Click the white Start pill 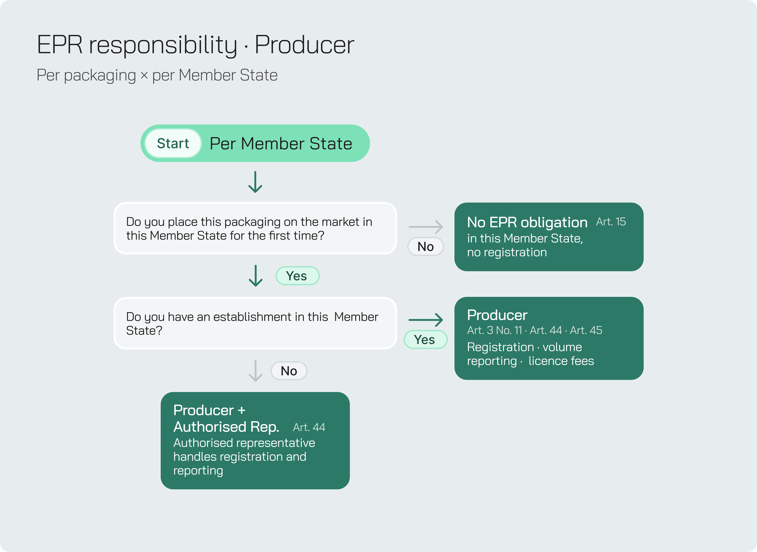click(x=173, y=143)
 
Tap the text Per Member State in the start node click(x=281, y=144)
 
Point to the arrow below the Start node click(x=255, y=182)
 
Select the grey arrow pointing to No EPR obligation click(x=426, y=227)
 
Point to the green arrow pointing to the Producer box click(x=426, y=320)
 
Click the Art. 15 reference click(x=611, y=222)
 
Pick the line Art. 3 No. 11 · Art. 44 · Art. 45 click(x=534, y=330)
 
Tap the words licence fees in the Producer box click(x=561, y=361)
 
